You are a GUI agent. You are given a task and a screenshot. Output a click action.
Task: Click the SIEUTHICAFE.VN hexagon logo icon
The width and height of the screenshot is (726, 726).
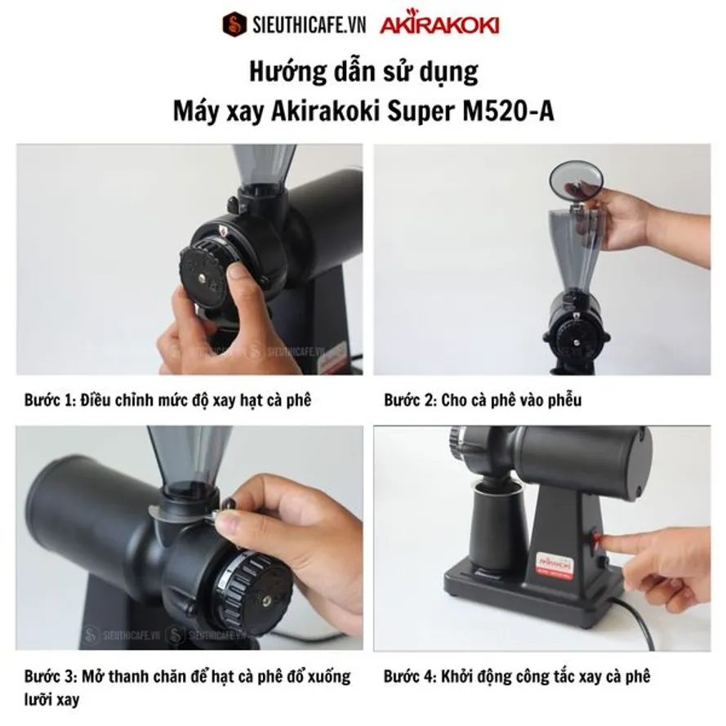(234, 24)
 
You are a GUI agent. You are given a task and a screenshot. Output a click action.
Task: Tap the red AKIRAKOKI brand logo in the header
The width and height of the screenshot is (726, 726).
(439, 24)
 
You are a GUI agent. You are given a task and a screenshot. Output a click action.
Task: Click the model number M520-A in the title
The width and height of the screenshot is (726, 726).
(508, 111)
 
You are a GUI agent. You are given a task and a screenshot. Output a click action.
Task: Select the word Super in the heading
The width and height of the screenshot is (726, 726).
(421, 113)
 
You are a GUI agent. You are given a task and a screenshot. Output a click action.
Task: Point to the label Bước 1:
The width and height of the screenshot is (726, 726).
(50, 400)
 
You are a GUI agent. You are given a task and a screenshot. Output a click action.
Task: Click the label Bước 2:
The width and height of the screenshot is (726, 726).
(410, 400)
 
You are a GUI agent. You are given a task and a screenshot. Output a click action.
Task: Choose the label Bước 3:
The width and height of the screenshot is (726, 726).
(51, 677)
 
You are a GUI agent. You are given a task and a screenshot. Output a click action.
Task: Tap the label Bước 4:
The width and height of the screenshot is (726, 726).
(410, 677)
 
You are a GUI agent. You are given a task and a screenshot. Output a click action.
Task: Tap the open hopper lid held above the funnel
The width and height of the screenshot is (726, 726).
(576, 180)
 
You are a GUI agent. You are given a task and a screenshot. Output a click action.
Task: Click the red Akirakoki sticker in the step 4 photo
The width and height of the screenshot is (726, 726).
(555, 565)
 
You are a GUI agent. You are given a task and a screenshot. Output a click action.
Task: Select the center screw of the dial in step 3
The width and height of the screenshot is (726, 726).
(267, 601)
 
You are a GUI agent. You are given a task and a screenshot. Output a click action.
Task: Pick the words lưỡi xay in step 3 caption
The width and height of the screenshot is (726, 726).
(52, 699)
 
